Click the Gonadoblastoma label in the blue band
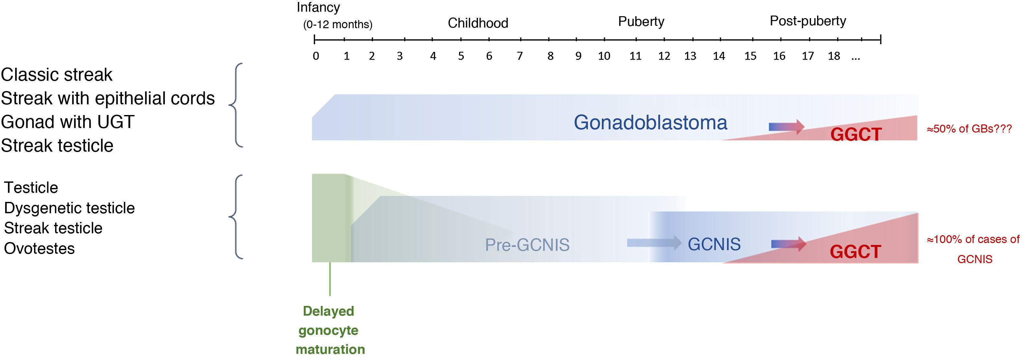coord(650,122)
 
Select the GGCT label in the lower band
coord(855,252)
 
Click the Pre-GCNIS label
coord(527,245)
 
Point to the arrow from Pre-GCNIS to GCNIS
coord(654,242)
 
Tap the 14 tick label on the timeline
coord(719,56)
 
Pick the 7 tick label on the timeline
coord(520,56)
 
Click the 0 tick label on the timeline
coord(316,56)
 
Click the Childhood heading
coord(478,23)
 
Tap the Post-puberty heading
coord(808,21)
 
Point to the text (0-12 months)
coord(337,25)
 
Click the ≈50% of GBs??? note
coord(969,129)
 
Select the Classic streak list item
coord(57,75)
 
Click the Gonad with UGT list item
coord(67,122)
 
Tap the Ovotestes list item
coord(39,249)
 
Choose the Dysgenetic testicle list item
coord(69,208)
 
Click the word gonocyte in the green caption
coord(328,331)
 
